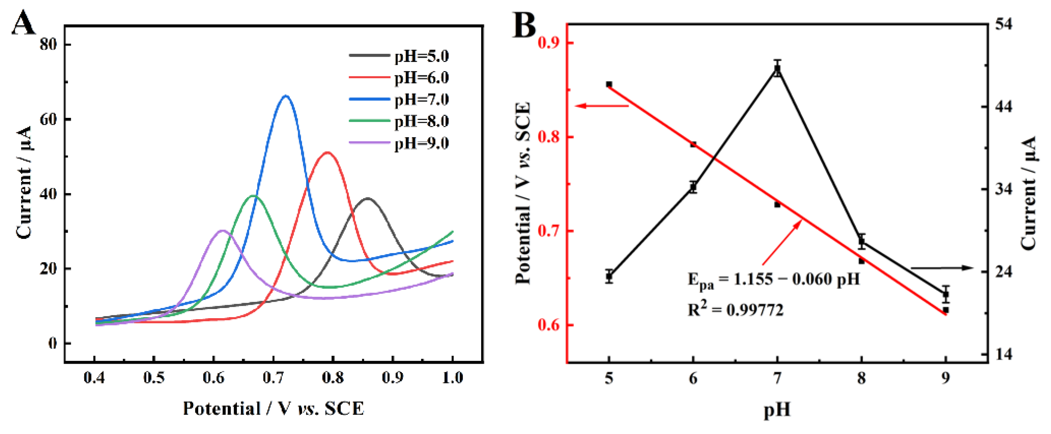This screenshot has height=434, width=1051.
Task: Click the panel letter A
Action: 23,24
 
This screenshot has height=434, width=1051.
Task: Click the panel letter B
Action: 524,25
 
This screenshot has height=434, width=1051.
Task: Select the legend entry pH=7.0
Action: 422,99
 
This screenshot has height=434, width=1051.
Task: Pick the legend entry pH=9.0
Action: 422,144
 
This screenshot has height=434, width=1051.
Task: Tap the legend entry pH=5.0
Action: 422,56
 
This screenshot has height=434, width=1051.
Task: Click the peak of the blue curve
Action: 286,96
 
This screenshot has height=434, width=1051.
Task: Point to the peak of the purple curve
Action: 222,231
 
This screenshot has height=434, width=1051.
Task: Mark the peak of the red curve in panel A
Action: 327,152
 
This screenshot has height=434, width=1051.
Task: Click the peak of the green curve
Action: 254,196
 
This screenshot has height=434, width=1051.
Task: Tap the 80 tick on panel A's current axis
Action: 48,44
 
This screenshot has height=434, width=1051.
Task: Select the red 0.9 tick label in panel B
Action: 549,43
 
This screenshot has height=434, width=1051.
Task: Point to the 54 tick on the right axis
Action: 1004,24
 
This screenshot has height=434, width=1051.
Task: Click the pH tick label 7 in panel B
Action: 777,379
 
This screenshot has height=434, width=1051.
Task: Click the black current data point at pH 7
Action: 777,69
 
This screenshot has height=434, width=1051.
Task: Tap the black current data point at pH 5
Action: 609,276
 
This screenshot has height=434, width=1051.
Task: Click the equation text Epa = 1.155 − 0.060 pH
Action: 774,279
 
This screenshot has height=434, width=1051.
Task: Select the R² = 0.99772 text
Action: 735,310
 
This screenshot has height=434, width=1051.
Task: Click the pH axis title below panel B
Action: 777,410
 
